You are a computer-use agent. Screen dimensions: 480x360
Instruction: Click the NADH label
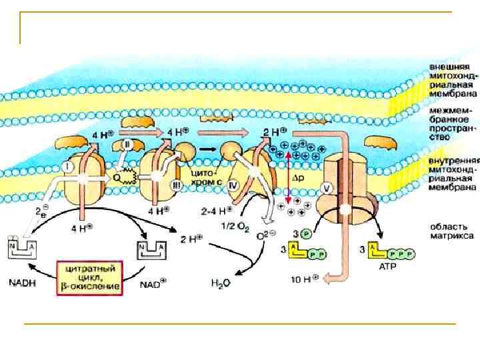22,282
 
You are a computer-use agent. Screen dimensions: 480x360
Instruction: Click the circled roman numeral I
71,165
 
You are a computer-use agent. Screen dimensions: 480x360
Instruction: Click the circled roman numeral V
327,187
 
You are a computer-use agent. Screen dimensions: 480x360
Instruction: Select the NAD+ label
151,283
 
